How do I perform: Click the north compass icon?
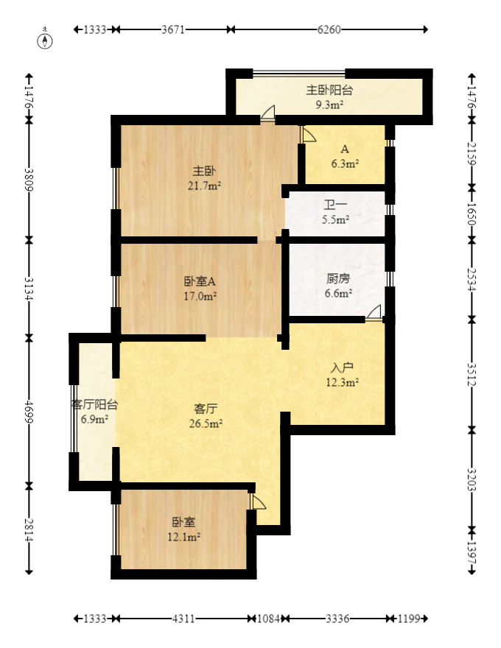tap(46, 40)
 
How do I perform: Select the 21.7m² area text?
tap(204, 186)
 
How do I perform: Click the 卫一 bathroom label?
tap(335, 205)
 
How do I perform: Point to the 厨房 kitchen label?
tap(338, 279)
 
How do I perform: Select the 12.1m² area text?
tap(184, 537)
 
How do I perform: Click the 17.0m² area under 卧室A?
tap(200, 296)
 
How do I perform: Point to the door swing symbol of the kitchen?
tap(374, 312)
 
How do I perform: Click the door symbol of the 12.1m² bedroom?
tap(257, 501)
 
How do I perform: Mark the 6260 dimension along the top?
tap(329, 29)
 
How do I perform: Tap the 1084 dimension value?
tap(267, 619)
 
